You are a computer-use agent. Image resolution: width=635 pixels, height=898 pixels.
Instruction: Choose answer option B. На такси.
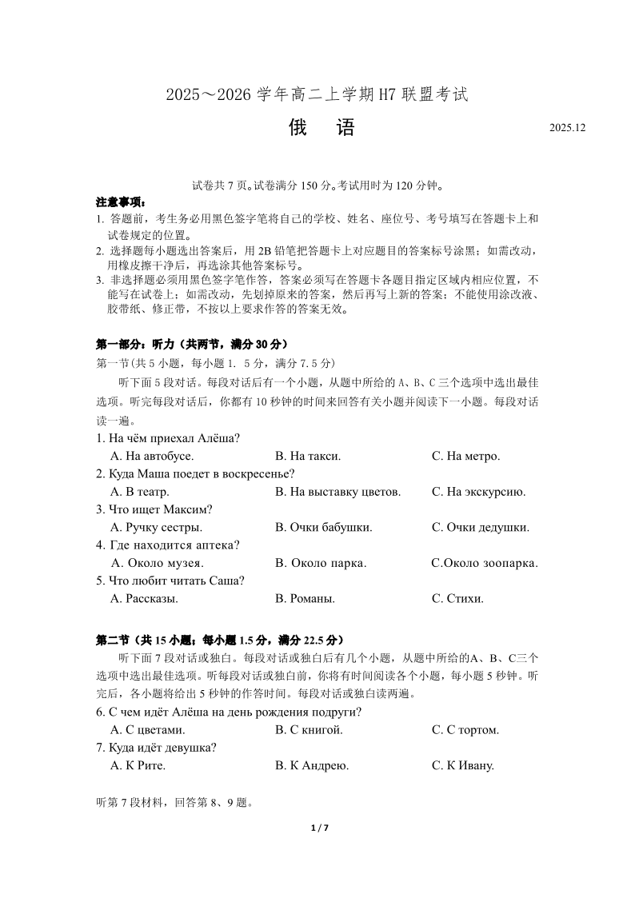308,457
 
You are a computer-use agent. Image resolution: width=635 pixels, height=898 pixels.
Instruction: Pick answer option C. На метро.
465,457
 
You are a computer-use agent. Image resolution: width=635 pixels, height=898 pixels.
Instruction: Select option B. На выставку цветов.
337,492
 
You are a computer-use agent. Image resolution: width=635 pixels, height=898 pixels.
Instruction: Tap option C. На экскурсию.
478,492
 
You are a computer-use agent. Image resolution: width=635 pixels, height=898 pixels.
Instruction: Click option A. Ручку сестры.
156,528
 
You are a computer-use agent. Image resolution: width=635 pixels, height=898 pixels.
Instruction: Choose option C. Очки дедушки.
480,528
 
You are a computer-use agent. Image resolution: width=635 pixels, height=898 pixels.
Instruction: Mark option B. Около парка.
321,563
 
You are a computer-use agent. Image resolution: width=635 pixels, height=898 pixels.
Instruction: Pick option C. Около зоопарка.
485,563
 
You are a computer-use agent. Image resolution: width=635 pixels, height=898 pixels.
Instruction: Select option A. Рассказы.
144,598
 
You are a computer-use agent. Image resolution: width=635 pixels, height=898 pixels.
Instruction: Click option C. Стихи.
457,598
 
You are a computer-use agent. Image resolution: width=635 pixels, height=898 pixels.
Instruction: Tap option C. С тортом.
465,730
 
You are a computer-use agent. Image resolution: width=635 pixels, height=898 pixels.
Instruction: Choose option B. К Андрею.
312,765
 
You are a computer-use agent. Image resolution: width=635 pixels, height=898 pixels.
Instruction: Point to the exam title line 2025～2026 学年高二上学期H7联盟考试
317,94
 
